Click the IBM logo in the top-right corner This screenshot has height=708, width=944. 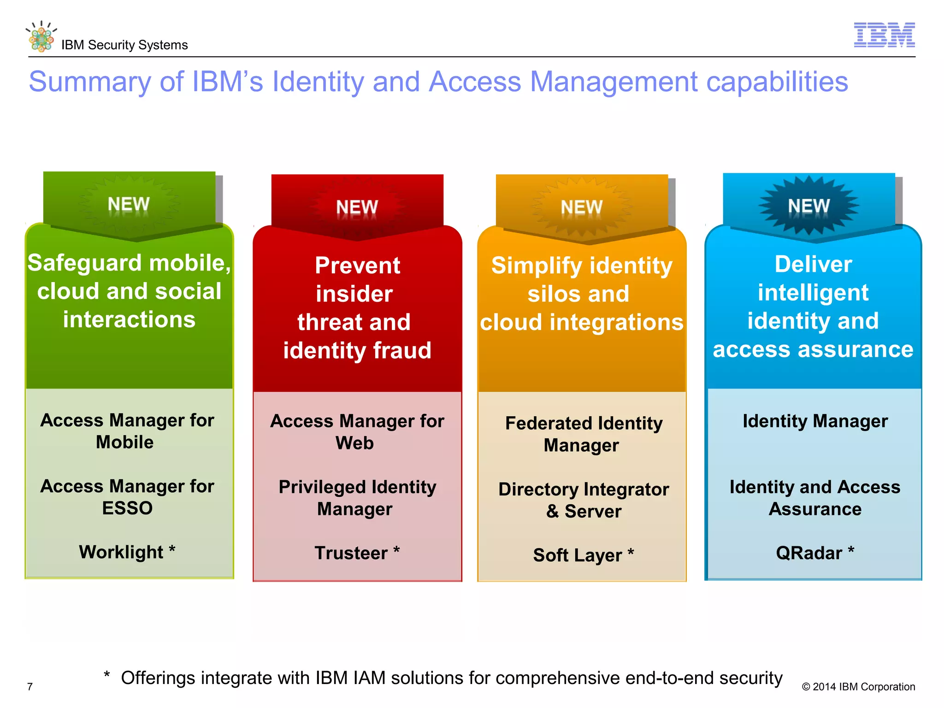pos(884,35)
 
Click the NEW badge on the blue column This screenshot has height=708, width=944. pos(809,206)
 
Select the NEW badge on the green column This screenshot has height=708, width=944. pos(129,204)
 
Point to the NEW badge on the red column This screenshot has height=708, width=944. pos(357,207)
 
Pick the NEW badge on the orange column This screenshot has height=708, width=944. pos(582,207)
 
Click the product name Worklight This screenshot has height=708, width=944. pos(121,552)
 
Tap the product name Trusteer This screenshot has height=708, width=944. pos(351,553)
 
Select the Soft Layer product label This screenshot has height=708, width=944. pos(578,555)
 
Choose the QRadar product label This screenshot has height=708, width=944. pos(809,553)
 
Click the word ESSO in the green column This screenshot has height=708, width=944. pos(127,508)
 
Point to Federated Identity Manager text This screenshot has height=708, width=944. pos(584,434)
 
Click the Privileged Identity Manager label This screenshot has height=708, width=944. pos(357,498)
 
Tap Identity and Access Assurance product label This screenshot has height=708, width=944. pos(814,498)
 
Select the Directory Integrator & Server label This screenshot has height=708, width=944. pos(584,500)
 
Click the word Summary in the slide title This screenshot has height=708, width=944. pos(90,82)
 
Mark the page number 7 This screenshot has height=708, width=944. pos(30,687)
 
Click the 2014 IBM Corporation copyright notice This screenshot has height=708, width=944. pos(858,687)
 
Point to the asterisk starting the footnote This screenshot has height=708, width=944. pos(106,676)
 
